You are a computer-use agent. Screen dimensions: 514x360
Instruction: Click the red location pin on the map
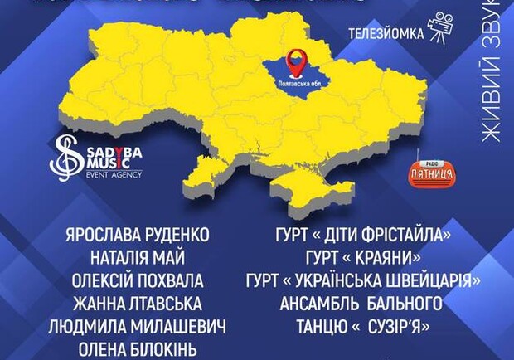point(295,60)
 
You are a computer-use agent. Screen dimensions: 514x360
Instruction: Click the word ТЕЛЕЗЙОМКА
point(385,34)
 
